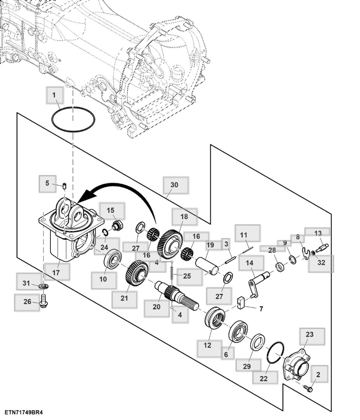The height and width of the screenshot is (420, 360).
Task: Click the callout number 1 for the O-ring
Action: (x=54, y=95)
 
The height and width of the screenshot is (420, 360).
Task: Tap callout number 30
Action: (x=174, y=185)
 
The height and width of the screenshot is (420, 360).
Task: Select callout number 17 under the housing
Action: (x=56, y=272)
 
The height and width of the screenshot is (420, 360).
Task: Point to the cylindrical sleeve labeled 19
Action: (x=207, y=265)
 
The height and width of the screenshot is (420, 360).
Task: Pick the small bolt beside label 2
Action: (x=308, y=388)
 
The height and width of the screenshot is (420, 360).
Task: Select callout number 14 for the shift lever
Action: (x=250, y=263)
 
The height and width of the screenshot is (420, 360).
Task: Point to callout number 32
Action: (x=321, y=263)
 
